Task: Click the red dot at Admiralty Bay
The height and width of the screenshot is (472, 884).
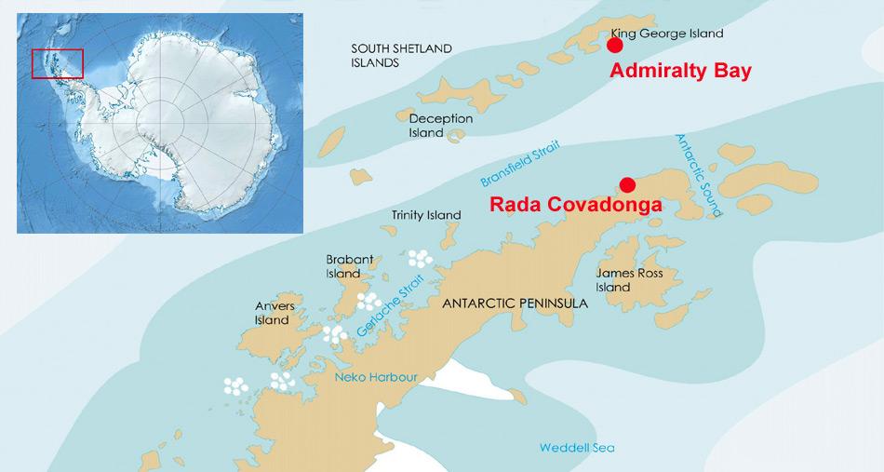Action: tap(614, 45)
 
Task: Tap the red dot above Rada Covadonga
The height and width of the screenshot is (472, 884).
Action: tap(627, 183)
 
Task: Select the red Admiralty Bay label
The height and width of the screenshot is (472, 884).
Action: tap(679, 71)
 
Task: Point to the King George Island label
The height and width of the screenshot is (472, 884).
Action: tap(667, 34)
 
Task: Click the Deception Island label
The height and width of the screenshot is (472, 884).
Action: tap(441, 126)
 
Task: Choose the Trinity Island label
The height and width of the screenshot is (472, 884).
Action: tap(426, 215)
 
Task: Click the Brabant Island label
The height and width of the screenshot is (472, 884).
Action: tap(343, 266)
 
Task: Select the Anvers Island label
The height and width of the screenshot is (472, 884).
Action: tap(275, 313)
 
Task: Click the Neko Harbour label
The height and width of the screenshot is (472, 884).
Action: tap(376, 377)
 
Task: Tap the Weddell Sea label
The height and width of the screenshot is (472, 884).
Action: tap(577, 448)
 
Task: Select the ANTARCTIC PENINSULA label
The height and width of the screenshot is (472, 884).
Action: tap(515, 303)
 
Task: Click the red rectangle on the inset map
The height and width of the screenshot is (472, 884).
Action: tap(58, 63)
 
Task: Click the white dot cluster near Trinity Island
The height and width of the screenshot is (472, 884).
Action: tap(419, 258)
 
